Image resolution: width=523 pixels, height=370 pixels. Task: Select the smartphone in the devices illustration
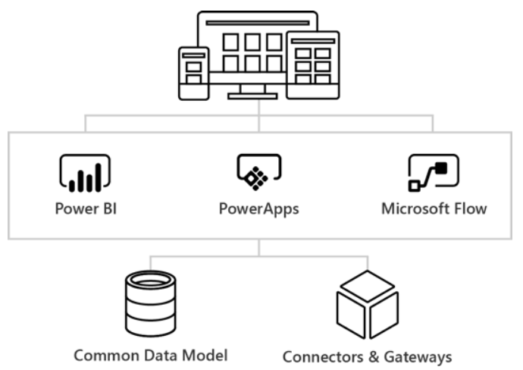coord(193,74)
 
